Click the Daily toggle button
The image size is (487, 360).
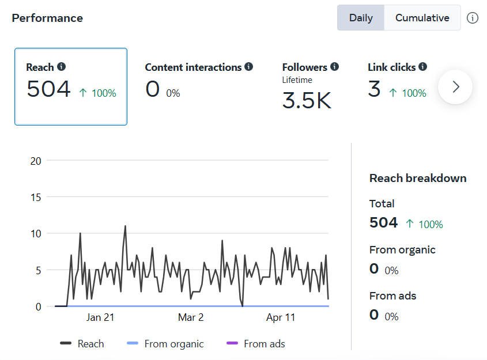point(361,18)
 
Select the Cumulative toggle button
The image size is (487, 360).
point(422,18)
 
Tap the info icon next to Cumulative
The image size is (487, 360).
point(473,18)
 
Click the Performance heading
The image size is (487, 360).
point(47,18)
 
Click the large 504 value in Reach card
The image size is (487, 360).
point(48,89)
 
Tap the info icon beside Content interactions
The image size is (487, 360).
point(249,67)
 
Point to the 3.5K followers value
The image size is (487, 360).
point(307,100)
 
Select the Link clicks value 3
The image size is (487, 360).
point(374,89)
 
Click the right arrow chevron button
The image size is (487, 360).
point(455,87)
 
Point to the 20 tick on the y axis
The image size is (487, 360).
point(36,161)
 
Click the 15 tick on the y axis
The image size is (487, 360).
point(36,197)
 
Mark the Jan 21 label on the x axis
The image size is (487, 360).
point(100,317)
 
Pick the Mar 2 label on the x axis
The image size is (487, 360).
point(191,317)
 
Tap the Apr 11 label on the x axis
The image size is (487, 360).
point(281,317)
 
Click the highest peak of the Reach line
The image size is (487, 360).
point(125,226)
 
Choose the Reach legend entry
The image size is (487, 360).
point(82,344)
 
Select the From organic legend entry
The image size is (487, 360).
point(165,344)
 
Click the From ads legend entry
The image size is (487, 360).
point(256,344)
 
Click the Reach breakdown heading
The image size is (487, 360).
point(418,178)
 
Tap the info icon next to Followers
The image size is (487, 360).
point(334,67)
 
